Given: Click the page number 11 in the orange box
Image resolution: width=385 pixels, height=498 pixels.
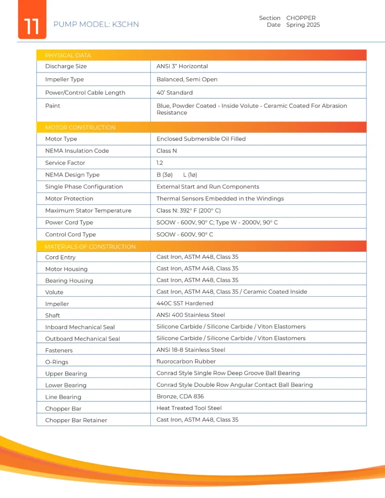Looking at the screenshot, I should click(32, 25).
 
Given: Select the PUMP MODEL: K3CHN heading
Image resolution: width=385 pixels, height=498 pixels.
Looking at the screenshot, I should click(96, 24).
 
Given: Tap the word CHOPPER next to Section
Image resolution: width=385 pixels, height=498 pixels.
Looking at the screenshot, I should click(301, 18).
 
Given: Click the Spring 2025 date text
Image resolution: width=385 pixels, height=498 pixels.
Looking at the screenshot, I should click(303, 25).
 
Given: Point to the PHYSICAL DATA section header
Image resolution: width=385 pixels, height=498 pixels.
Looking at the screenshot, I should click(68, 55).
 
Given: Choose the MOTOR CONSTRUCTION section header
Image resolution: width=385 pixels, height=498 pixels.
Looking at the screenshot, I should click(80, 127).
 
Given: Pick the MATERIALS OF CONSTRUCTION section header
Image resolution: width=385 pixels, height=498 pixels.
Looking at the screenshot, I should click(90, 247).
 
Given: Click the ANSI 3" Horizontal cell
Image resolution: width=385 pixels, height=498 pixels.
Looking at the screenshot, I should click(182, 66).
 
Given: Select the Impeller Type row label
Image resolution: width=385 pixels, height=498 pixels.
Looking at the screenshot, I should click(64, 79).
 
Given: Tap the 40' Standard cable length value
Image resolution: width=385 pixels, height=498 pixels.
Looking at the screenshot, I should click(174, 92).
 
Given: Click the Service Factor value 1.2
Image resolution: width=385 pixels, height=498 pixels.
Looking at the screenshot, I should click(160, 163).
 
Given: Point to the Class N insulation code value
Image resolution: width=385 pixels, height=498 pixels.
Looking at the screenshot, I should click(166, 151).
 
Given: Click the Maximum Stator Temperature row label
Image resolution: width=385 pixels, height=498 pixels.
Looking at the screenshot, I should click(88, 211).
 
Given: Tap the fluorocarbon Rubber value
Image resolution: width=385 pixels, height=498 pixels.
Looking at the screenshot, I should click(186, 361).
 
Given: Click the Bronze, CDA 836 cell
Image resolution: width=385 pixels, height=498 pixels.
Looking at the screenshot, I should click(180, 396).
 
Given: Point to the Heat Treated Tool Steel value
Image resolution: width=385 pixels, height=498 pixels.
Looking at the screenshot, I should click(189, 408).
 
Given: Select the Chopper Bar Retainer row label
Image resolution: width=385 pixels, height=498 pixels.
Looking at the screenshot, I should click(76, 420).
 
